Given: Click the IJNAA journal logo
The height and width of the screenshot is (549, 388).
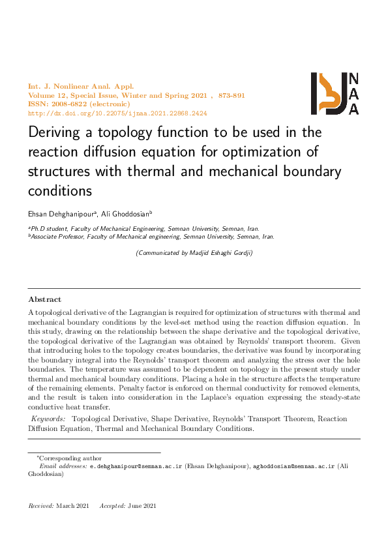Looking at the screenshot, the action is (335, 94).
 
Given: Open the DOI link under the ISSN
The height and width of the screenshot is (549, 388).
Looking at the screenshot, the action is (117, 113).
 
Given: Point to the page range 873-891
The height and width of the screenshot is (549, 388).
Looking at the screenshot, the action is (231, 96).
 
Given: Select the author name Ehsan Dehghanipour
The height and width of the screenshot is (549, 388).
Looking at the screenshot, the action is (61, 213).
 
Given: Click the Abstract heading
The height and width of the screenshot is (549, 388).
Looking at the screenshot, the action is (44, 299).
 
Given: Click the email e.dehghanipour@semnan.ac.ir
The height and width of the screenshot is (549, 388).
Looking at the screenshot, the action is (136, 467).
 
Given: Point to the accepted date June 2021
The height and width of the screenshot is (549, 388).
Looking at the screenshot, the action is (142, 506).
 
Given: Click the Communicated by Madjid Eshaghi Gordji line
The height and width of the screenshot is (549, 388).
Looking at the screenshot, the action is (194, 252).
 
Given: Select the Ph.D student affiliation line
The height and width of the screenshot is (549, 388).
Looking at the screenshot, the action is (143, 229).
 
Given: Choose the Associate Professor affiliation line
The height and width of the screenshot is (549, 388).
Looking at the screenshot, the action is (151, 237).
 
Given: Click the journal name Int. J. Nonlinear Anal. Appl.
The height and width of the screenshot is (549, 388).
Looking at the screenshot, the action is (80, 87).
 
